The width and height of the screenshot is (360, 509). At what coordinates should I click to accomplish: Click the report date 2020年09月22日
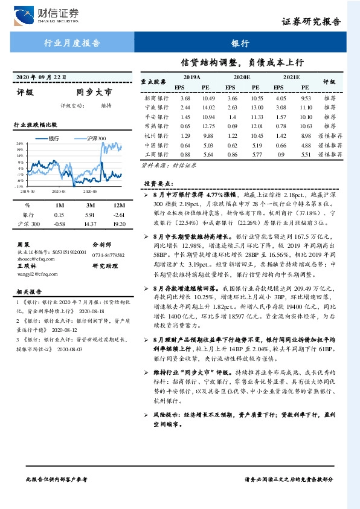click(40, 77)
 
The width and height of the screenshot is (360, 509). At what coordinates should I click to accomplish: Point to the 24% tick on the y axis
click(20, 144)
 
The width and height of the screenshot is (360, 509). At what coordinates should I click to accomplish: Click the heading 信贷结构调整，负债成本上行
click(242, 62)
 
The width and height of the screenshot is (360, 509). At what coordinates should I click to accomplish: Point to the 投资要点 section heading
click(158, 183)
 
